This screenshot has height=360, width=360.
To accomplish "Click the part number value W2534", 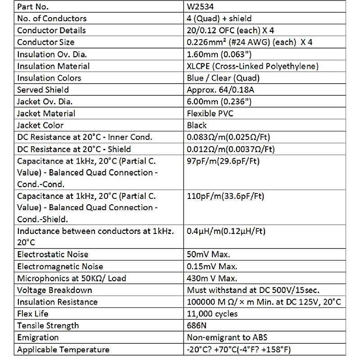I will (x=200, y=7).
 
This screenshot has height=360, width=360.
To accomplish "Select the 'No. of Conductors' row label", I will (x=52, y=19).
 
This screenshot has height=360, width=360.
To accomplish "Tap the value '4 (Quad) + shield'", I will (x=219, y=19).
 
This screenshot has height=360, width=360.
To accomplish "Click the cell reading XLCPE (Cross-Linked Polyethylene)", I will (x=252, y=66).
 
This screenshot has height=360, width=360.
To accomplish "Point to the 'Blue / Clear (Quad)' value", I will (x=223, y=78).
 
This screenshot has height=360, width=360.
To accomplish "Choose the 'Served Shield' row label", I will (x=42, y=90).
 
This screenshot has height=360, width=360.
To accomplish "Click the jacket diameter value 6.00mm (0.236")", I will (x=219, y=102).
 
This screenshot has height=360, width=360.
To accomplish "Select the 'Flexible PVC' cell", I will (x=210, y=113).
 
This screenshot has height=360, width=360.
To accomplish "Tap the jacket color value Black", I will (x=197, y=125).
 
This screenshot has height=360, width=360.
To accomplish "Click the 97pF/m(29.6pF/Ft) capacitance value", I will (x=223, y=161).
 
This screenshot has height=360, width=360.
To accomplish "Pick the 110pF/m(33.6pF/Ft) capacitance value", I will (x=225, y=196).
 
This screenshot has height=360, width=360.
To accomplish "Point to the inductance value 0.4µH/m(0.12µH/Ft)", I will (x=226, y=231).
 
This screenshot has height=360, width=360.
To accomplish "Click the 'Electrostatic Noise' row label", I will (x=53, y=255).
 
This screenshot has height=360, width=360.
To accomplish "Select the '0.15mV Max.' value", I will (x=212, y=266).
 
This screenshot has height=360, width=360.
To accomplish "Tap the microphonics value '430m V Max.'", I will (x=212, y=278).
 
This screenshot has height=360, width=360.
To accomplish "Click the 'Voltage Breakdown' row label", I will (x=54, y=290).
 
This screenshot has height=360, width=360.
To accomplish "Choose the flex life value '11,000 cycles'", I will (x=212, y=314).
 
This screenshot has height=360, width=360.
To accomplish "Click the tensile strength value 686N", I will (x=196, y=325).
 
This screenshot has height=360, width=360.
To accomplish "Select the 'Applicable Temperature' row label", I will (x=63, y=349).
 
